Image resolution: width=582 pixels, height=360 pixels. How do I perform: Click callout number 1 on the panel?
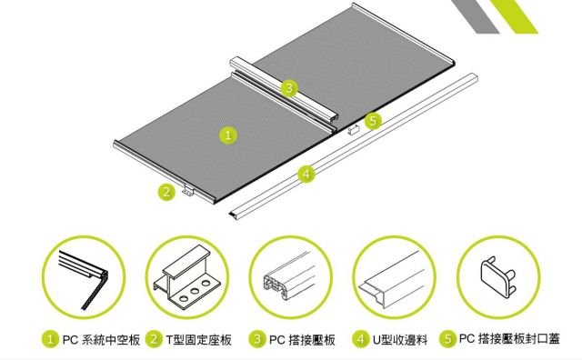pos(228,135)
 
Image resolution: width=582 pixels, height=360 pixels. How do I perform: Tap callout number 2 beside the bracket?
pos(166,192)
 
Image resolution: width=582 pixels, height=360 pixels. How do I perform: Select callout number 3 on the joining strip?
pos(289,88)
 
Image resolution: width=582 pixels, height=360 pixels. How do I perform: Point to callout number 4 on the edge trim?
pos(306,174)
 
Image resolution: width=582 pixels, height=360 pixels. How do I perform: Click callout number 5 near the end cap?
pos(373,121)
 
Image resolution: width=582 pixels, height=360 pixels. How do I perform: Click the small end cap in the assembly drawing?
pos(354,129)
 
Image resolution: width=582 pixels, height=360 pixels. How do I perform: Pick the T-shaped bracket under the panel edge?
pos(188,190)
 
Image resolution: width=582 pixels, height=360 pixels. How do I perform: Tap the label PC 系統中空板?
pos(101,340)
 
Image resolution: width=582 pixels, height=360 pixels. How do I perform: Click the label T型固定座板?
pos(198,340)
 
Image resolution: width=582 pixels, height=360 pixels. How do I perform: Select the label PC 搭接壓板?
pos(302,340)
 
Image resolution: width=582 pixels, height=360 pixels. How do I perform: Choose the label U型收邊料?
pos(400,340)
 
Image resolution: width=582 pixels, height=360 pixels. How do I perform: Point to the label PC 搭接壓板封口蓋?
pos(509,339)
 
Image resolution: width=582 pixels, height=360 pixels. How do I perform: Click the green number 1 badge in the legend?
pos(50,339)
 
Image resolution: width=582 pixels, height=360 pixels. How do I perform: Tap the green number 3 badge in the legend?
pos(257,339)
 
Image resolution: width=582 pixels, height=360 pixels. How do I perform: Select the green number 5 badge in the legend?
pos(448,339)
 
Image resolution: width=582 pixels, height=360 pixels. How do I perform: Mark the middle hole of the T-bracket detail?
pos(195,291)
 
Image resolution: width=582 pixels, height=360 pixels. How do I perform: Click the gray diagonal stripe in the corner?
pos(475,16)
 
